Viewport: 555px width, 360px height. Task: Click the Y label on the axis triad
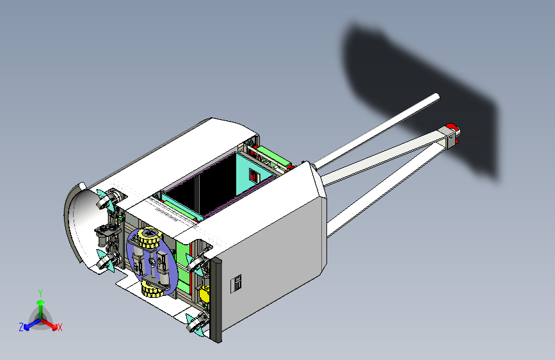click(x=40, y=293)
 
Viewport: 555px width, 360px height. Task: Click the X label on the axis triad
click(x=60, y=327)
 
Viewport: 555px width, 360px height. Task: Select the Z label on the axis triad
click(x=21, y=327)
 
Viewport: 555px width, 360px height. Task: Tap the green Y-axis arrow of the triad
click(x=41, y=309)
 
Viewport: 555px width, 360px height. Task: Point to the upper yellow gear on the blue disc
click(x=150, y=238)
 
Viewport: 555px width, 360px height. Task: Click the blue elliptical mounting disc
click(x=152, y=263)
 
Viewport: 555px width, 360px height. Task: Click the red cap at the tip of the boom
click(x=453, y=131)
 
